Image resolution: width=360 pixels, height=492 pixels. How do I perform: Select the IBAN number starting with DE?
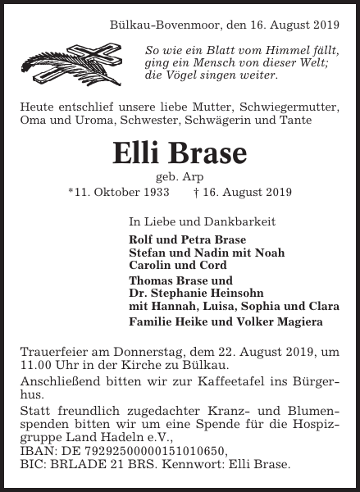139,450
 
